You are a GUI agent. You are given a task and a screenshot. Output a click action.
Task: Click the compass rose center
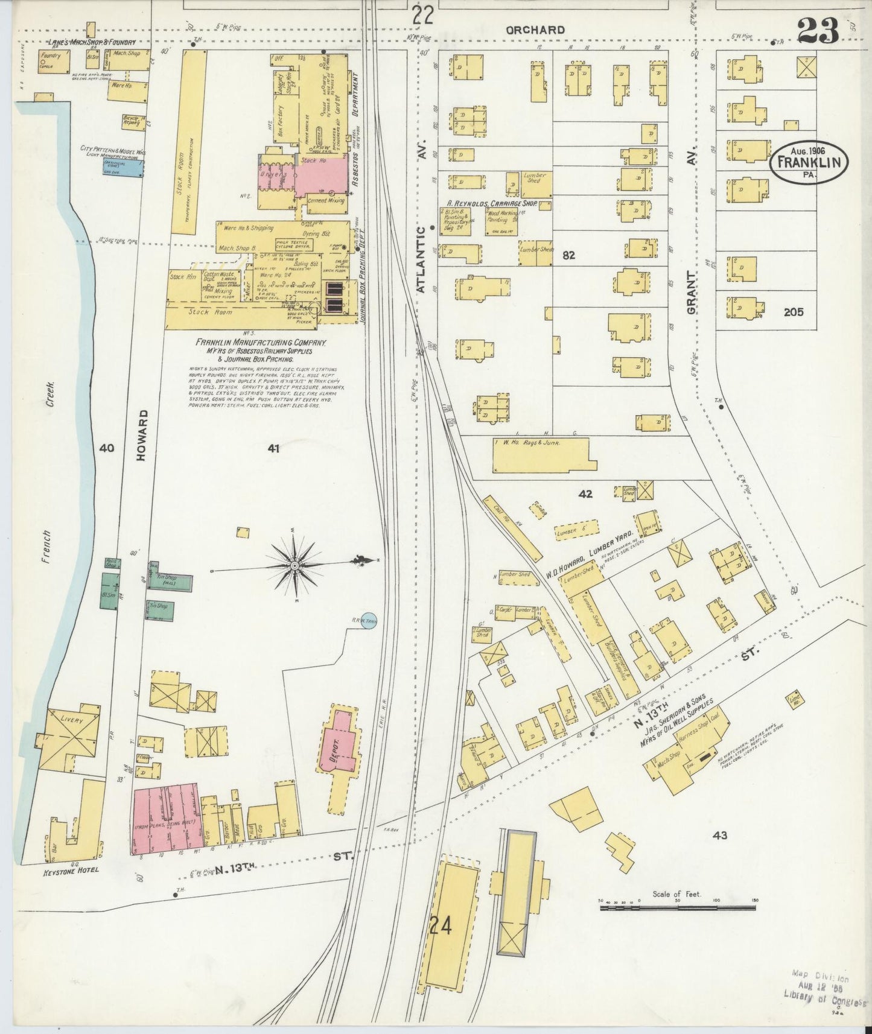coord(294,565)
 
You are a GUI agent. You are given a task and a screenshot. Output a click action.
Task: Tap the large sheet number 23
coord(818,30)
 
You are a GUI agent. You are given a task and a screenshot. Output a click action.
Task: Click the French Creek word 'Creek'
coord(53,395)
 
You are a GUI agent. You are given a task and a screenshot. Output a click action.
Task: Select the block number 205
coord(794,312)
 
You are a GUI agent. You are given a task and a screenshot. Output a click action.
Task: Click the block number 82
coord(568,255)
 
